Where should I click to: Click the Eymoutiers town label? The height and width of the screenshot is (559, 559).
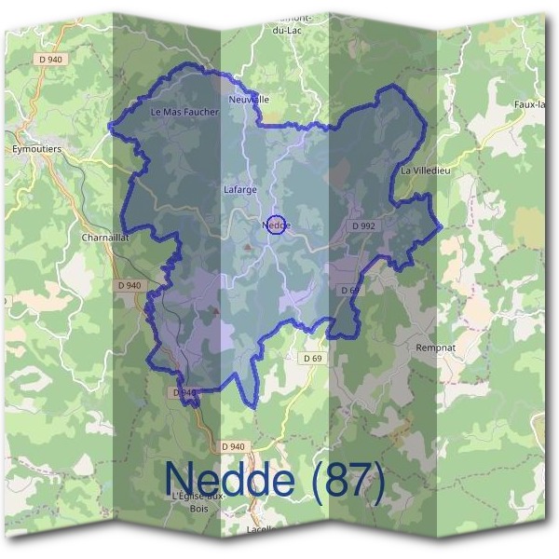coord(36,148)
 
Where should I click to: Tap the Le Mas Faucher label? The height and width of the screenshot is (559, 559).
coord(184,112)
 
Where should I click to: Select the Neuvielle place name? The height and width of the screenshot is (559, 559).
coord(248,99)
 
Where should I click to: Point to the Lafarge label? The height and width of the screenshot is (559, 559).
coord(240,189)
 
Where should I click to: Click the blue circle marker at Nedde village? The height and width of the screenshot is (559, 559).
coord(277,225)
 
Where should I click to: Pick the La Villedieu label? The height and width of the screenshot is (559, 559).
coord(424,171)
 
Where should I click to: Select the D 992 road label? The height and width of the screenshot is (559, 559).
coord(363,225)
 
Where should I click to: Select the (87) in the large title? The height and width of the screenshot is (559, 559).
coord(348,480)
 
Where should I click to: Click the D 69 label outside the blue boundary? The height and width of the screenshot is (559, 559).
coord(312,359)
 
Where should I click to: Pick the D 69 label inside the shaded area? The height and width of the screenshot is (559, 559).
coord(350,291)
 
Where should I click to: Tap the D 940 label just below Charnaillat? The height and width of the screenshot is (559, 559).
coord(130,285)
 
